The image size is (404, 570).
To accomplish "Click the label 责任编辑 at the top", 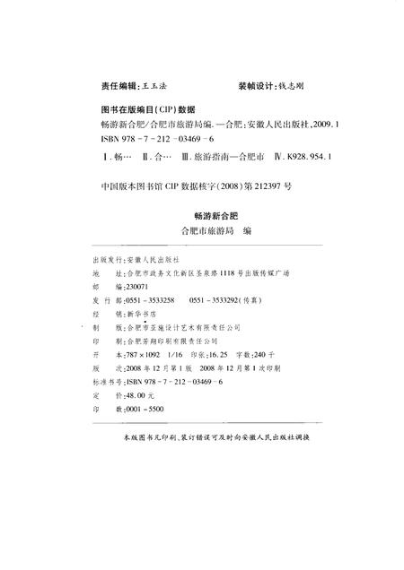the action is (x=117, y=88).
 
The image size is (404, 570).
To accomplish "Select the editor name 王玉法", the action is (x=156, y=88).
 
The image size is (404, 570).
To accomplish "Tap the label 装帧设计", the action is (x=256, y=88).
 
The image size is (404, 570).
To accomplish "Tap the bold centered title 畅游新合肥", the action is (x=212, y=216).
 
